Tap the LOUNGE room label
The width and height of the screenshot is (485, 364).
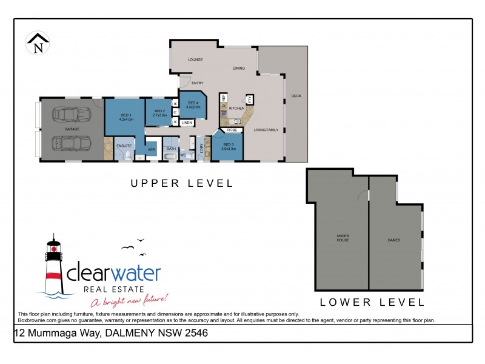click(195, 60)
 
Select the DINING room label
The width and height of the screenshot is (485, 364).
click(239, 69)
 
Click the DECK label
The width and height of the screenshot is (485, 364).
click(296, 96)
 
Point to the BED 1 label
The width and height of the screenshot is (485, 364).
click(126, 116)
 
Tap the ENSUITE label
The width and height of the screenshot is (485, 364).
click(124, 146)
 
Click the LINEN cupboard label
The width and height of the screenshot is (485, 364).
click(187, 123)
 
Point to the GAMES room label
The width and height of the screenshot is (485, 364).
click(394, 240)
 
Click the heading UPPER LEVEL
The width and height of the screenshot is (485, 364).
click(182, 183)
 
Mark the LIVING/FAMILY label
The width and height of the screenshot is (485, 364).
click(267, 130)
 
